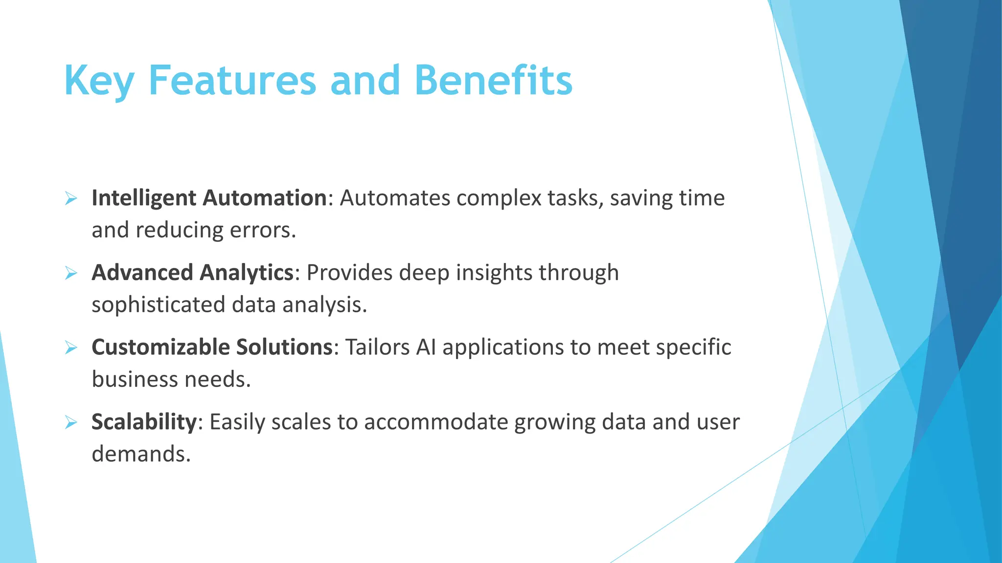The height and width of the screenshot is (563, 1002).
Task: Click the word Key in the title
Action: click(x=99, y=81)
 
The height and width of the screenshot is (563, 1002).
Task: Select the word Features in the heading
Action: click(x=232, y=81)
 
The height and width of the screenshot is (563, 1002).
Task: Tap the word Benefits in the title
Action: click(x=493, y=81)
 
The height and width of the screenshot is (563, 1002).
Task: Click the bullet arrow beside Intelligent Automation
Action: click(x=71, y=199)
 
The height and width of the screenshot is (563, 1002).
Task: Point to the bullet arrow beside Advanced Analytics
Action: click(x=71, y=274)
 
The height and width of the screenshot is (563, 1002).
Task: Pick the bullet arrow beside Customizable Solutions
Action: click(x=71, y=348)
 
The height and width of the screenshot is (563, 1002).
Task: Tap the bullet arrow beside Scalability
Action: click(x=71, y=423)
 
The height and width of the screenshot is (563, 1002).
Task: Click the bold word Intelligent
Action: click(x=144, y=198)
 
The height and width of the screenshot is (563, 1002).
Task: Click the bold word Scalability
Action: click(x=144, y=422)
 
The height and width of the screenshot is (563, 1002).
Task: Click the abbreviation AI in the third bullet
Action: click(x=426, y=347)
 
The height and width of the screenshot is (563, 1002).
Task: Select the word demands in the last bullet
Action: click(x=140, y=454)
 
